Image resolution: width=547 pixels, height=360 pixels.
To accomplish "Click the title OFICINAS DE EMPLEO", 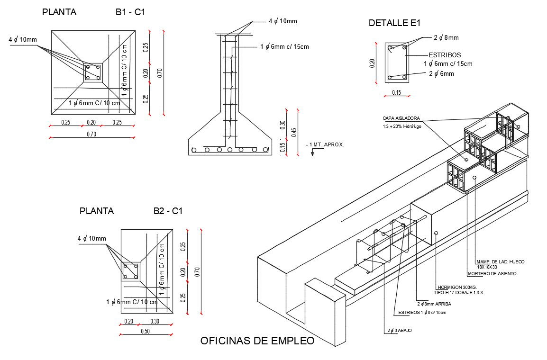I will (257, 341).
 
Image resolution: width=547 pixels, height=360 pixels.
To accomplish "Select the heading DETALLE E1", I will (394, 23).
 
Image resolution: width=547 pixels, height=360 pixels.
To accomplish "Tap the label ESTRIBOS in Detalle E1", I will (445, 55).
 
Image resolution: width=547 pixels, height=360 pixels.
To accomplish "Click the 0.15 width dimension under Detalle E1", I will (396, 93).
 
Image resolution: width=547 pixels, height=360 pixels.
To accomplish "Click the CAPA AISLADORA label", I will (401, 118).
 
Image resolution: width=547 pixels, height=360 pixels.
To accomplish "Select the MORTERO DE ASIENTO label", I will (492, 274).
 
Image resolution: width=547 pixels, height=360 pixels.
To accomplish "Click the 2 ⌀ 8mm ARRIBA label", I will (434, 304).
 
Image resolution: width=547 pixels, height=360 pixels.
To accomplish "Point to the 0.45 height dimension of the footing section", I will (294, 132).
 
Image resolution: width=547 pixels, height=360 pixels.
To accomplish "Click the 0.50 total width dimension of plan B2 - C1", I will (145, 331).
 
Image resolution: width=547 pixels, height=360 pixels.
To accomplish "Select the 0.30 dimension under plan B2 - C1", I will (155, 321).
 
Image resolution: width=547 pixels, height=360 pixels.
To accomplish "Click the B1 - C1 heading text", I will (130, 13).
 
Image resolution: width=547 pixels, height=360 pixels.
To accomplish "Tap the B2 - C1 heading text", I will (168, 211).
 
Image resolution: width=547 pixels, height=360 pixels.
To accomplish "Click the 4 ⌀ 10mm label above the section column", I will (283, 21).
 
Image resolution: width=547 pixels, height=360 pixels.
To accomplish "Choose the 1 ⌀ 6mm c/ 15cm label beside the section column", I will (284, 46).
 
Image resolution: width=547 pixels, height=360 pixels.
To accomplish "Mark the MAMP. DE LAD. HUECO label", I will (501, 262).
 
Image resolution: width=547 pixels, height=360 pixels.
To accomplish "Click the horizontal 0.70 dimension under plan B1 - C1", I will (91, 134).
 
